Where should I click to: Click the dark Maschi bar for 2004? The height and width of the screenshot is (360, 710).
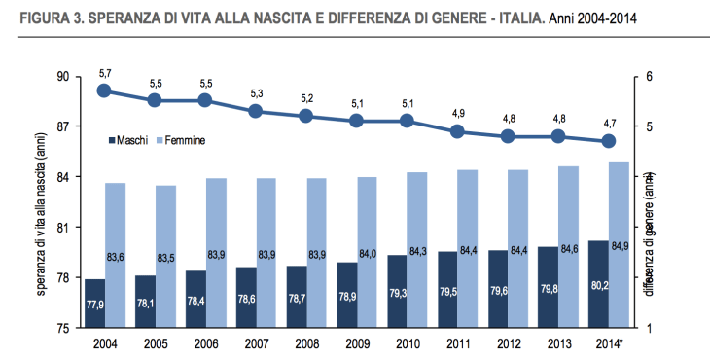pos(95,304)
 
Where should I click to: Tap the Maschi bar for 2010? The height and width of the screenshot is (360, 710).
pos(397,292)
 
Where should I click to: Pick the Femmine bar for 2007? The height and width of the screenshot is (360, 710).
pos(266,253)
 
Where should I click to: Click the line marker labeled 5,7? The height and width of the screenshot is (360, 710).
pos(105,90)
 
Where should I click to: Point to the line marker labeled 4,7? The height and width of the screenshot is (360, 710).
pos(609,141)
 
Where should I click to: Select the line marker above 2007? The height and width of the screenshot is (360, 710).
pos(256,111)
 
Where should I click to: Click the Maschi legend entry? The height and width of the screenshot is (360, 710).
pos(127,140)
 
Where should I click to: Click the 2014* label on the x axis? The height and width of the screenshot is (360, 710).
pos(609,344)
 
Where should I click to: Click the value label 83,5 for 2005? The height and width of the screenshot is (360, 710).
pos(166,257)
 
